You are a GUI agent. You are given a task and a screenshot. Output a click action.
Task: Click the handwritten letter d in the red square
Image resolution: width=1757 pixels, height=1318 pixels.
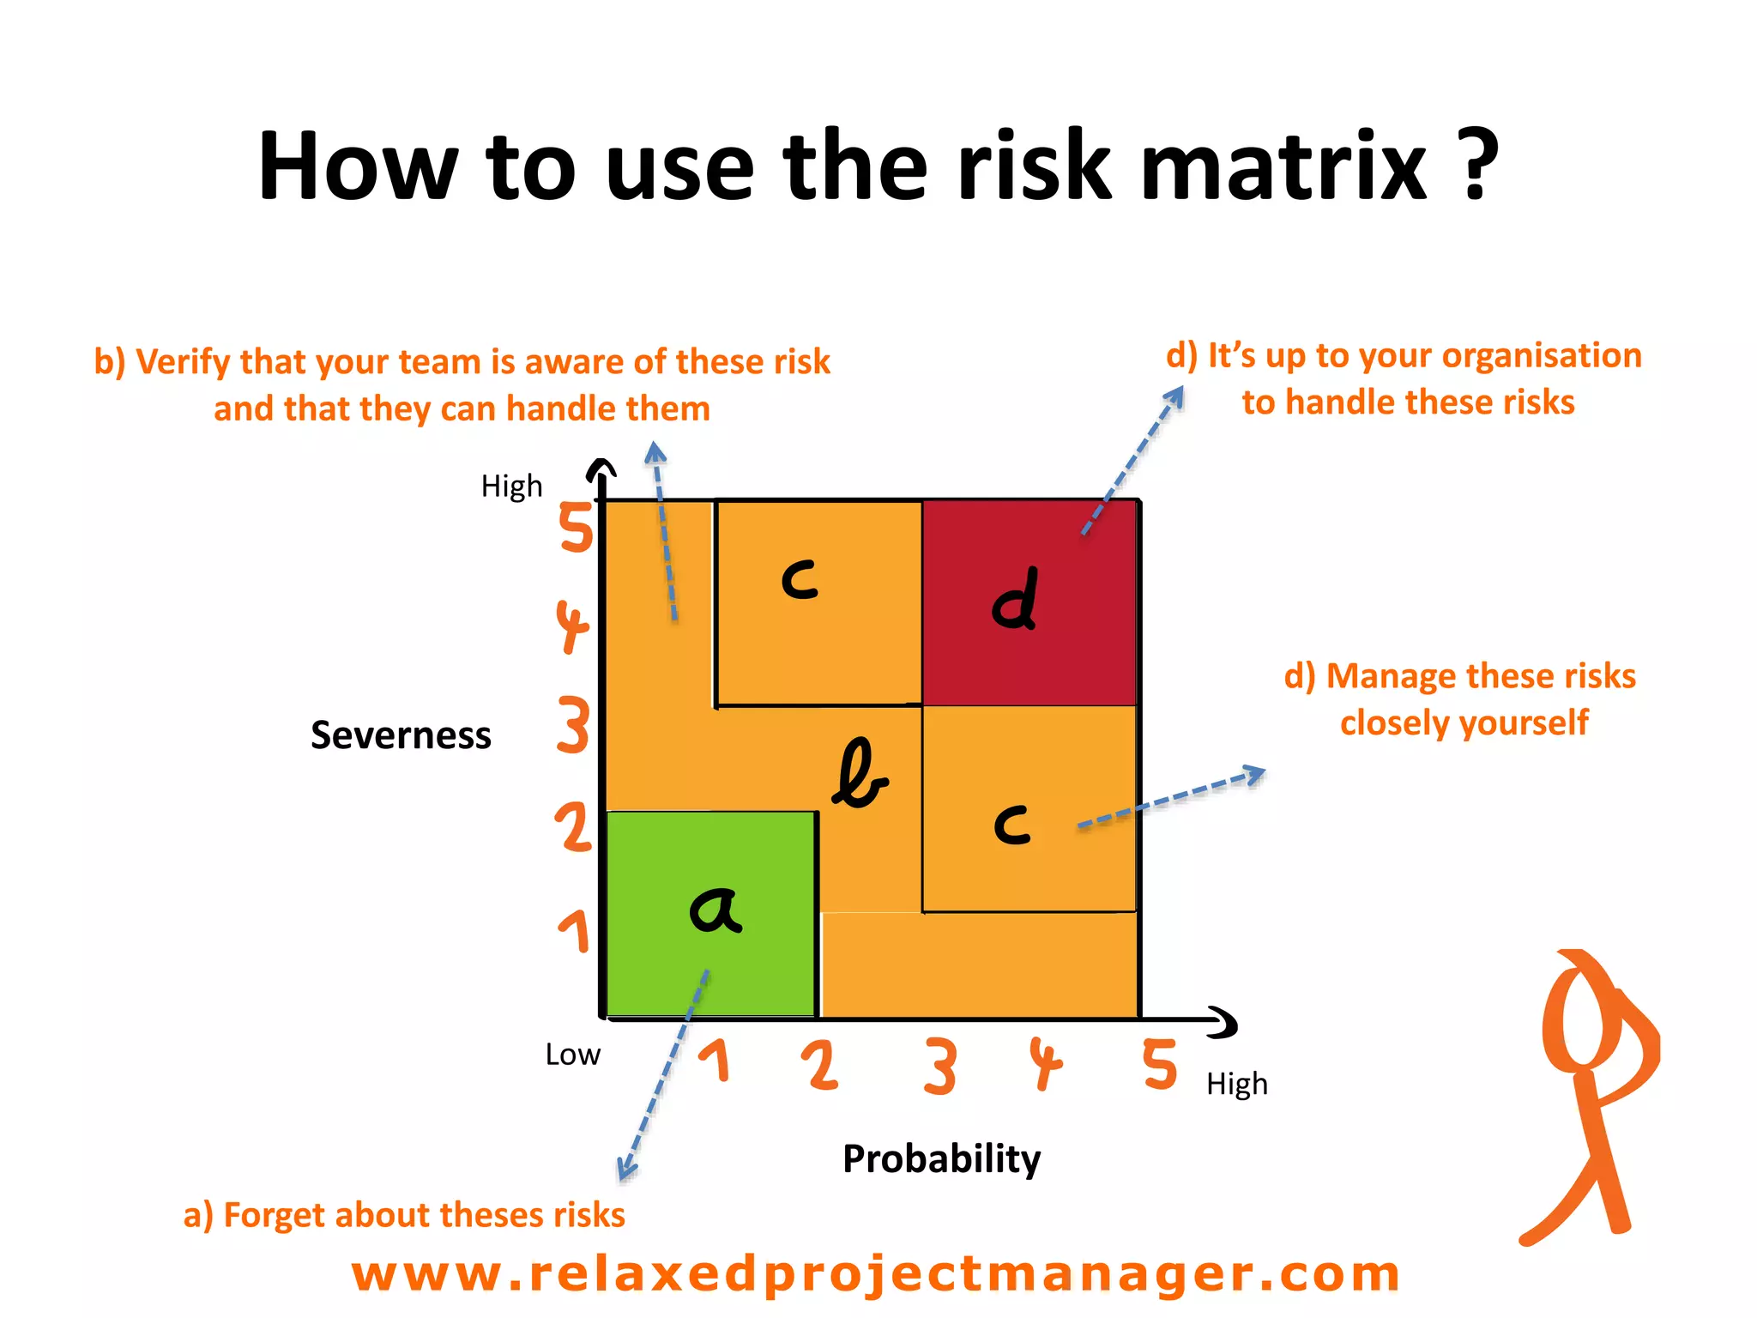(1015, 600)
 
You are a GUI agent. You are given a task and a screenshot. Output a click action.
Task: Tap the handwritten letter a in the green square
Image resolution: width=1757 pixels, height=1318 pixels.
(715, 910)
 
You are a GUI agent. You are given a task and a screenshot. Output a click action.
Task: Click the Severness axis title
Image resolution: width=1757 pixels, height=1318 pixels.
(401, 735)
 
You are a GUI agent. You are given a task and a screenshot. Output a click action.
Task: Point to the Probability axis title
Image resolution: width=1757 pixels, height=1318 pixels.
(941, 1158)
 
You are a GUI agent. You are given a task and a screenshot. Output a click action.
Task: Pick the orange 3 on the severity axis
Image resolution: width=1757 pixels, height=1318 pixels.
(573, 725)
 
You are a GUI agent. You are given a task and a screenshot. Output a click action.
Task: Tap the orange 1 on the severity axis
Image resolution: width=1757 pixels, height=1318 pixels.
(577, 932)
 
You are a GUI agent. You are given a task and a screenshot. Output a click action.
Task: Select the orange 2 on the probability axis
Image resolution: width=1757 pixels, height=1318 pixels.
(820, 1066)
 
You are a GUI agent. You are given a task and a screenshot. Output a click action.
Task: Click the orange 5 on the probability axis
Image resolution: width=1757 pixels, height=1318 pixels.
(1160, 1064)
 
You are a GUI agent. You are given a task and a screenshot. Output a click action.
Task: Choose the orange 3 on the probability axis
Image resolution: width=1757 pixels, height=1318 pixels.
(940, 1067)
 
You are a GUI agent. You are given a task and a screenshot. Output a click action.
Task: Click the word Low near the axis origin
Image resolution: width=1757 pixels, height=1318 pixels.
(572, 1055)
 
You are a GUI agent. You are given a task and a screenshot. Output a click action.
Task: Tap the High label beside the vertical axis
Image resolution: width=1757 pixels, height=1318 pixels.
(511, 487)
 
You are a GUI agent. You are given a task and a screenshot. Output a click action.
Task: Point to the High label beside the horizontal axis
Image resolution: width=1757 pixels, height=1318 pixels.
(1236, 1085)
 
